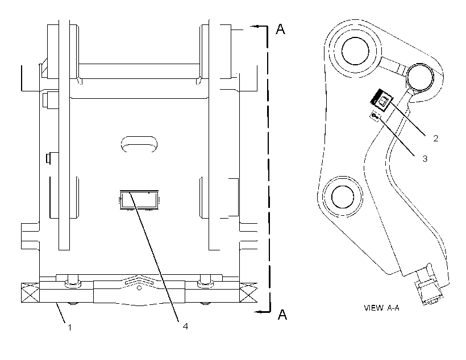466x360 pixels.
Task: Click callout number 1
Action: (69, 327)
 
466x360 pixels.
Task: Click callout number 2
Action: (436, 138)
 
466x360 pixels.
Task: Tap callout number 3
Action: (425, 158)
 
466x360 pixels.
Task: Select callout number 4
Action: (185, 326)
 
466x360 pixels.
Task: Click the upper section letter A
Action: (280, 29)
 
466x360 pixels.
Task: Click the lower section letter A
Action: (282, 314)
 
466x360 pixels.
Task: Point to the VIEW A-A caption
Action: (381, 308)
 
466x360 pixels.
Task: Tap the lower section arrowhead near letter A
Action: (259, 312)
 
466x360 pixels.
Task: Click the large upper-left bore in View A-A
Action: (355, 51)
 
